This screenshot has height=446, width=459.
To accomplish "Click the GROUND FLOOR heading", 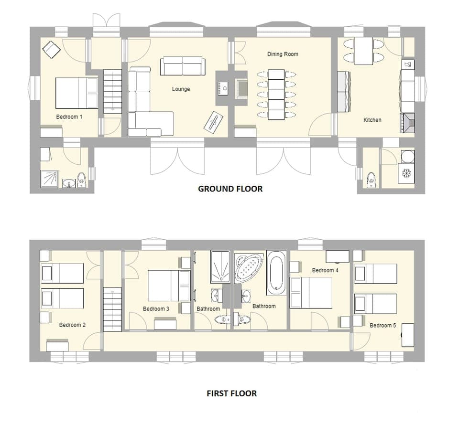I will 230,189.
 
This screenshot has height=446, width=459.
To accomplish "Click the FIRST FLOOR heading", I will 231,393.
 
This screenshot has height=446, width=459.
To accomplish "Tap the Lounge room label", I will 181,89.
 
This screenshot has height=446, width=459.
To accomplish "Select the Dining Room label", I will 283,54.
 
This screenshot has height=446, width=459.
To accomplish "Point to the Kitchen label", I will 372,120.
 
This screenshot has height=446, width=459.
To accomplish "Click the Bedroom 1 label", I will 69,117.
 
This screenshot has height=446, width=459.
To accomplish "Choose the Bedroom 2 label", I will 72,325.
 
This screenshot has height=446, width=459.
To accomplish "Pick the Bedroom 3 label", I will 156,309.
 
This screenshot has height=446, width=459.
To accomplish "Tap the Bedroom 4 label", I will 325,270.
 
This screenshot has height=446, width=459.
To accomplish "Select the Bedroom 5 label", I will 382,325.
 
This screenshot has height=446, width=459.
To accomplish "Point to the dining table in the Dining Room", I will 276,95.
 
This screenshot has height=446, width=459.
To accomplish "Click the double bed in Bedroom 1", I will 76,93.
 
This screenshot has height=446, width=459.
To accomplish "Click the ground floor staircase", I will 113,91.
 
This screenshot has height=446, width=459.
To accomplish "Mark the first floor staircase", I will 113,309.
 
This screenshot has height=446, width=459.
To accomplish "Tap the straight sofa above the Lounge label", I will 183,66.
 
